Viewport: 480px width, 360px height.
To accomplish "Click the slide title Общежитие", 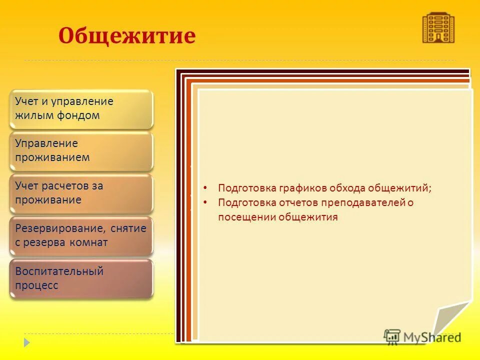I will (x=126, y=36).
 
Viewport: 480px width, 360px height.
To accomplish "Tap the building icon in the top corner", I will (x=438, y=27).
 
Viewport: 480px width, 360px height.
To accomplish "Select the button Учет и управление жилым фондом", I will (x=81, y=108).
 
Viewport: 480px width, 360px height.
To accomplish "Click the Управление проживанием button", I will (x=81, y=150).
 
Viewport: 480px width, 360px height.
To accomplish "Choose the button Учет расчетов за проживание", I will (x=81, y=192).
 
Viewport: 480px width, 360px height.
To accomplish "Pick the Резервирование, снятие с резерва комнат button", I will (x=81, y=235).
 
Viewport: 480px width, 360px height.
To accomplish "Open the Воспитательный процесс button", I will (x=81, y=278).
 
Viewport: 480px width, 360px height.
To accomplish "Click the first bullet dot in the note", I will (x=205, y=188).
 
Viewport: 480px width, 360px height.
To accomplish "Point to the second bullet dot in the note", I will (x=205, y=203).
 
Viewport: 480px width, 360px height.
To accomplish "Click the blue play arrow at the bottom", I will (x=27, y=343).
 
